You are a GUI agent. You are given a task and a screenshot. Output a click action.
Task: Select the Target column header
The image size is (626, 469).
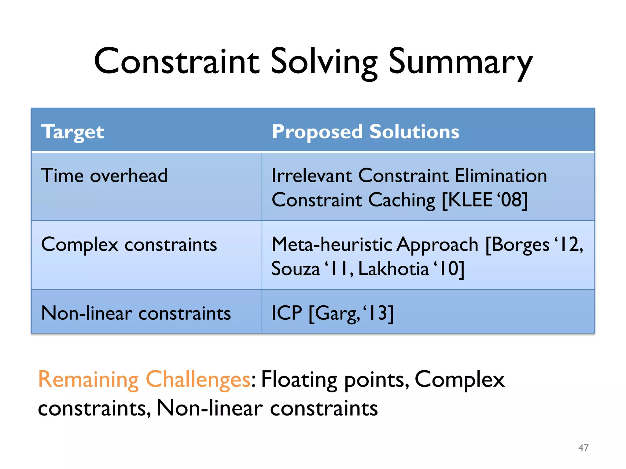click(x=73, y=132)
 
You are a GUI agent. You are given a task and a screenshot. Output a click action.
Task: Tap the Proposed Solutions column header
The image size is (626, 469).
click(x=366, y=132)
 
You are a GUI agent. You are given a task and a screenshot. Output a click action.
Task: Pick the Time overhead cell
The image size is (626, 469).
click(x=104, y=176)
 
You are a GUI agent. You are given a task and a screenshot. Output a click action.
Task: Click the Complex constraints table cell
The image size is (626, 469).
click(x=129, y=245)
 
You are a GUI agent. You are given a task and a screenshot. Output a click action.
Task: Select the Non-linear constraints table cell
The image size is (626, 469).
click(x=136, y=314)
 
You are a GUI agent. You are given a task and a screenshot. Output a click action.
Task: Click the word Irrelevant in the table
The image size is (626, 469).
click(x=312, y=176)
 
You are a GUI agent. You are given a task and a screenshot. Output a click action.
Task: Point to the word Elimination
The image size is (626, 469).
click(x=501, y=176)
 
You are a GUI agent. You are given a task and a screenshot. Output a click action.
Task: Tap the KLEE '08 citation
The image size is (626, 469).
click(x=485, y=200)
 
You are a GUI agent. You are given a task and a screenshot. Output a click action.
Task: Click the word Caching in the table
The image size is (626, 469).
click(x=402, y=200)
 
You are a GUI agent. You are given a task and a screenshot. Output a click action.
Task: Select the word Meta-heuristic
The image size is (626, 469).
click(x=332, y=245)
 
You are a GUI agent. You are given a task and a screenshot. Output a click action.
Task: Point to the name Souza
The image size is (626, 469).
click(x=295, y=269)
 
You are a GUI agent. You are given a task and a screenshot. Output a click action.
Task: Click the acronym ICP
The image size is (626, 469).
click(x=287, y=313)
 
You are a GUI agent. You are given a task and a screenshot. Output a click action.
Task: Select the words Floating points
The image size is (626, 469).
click(x=334, y=380)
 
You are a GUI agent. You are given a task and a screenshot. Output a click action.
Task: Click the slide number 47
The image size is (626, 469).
click(x=583, y=448)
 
